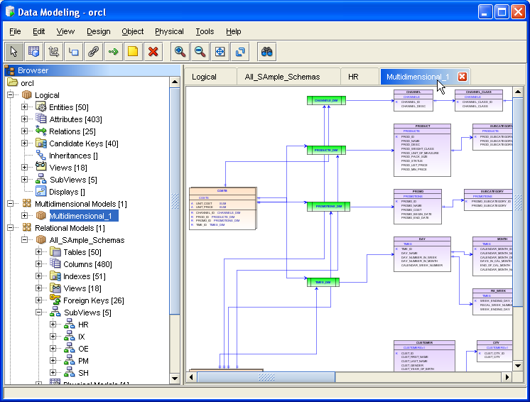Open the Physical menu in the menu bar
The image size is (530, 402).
pyautogui.click(x=169, y=31)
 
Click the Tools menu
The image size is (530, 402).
pyautogui.click(x=205, y=31)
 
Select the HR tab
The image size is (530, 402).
pyautogui.click(x=353, y=77)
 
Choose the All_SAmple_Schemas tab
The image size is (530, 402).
pyautogui.click(x=282, y=77)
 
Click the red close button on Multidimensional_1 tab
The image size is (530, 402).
pyautogui.click(x=463, y=77)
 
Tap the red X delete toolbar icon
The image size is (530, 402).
pyautogui.click(x=152, y=51)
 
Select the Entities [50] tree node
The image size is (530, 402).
pyautogui.click(x=68, y=107)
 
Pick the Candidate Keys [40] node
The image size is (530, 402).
pyautogui.click(x=83, y=143)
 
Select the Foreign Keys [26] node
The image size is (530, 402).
pyautogui.click(x=94, y=300)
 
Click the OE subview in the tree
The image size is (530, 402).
pyautogui.click(x=83, y=349)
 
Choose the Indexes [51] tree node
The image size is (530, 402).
pyautogui.click(x=84, y=276)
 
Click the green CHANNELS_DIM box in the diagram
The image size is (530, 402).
pyautogui.click(x=326, y=101)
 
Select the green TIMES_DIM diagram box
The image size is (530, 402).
pyautogui.click(x=323, y=282)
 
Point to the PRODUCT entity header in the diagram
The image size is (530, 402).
pyautogui.click(x=422, y=126)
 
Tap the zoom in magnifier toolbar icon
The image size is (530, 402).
pyautogui.click(x=180, y=51)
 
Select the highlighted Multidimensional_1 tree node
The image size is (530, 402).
pyautogui.click(x=80, y=215)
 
